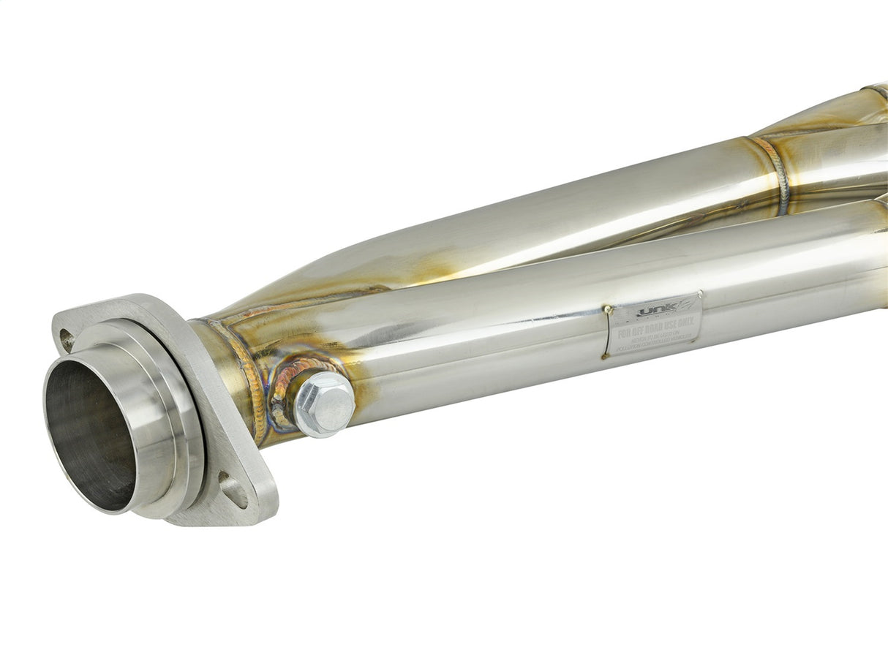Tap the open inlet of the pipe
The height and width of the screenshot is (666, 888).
[x=91, y=434]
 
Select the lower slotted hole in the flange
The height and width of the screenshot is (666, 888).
[x=234, y=490]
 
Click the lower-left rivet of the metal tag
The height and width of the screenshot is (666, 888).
[x=606, y=355]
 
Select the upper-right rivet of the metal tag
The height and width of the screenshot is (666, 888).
[x=699, y=295]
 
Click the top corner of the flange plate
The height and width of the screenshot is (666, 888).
[x=124, y=298]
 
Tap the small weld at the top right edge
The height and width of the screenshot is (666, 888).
[x=873, y=91]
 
